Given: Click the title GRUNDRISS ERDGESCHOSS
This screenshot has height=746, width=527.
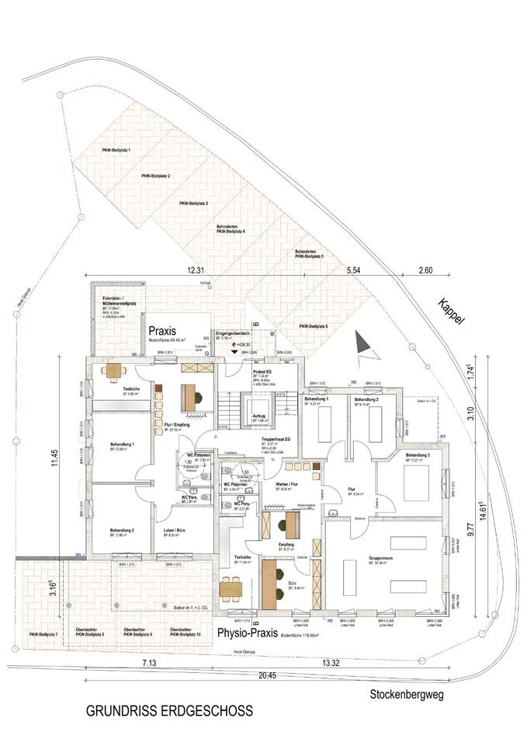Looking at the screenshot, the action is click(168, 710).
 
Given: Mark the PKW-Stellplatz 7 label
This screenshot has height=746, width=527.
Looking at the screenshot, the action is click(43, 635).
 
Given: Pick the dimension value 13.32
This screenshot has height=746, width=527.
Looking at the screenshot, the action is click(330, 663).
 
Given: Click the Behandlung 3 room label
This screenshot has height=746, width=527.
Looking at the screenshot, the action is click(417, 456).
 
